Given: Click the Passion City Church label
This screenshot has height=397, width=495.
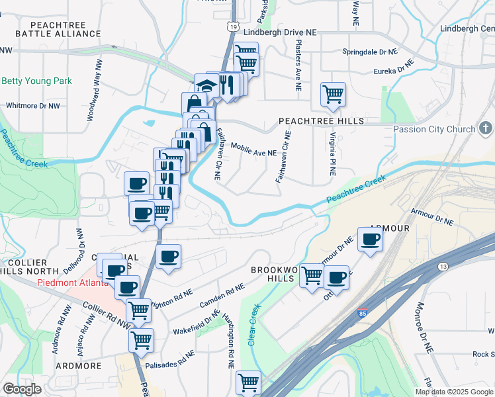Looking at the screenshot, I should [x=434, y=130].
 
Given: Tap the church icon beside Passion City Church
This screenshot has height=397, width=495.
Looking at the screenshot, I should [x=485, y=128].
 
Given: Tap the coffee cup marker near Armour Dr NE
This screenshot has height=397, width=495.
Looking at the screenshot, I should [x=370, y=239].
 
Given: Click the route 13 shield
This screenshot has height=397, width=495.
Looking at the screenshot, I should [x=442, y=266].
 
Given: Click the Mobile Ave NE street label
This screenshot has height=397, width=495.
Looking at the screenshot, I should [x=253, y=153].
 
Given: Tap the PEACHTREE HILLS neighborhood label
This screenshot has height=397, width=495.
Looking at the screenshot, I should [x=321, y=121].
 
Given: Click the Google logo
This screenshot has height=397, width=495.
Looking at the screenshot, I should [x=22, y=389].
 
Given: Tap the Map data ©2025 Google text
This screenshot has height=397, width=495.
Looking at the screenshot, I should [x=455, y=392].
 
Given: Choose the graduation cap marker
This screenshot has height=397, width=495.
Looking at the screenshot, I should [x=206, y=85].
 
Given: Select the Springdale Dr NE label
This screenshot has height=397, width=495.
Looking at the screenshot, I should [x=370, y=52].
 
